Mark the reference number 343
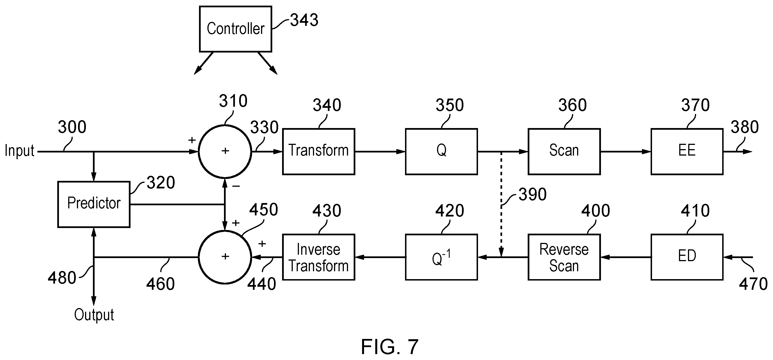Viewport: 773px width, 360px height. [304, 20]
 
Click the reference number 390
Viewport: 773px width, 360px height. [533, 195]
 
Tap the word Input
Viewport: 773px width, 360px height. [19, 151]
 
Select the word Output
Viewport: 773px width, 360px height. [94, 315]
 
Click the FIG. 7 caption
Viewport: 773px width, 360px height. [390, 347]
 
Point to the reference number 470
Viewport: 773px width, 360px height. [753, 284]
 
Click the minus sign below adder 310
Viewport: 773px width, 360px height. [236, 186]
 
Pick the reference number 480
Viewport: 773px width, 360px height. [62, 278]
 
